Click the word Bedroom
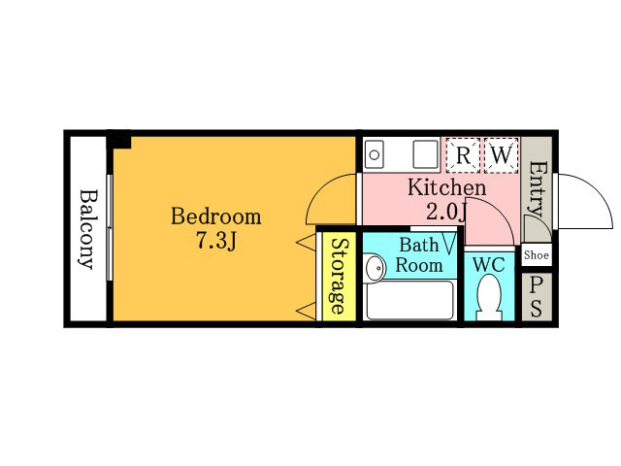click(x=215, y=216)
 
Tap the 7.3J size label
click(x=216, y=240)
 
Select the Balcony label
click(x=88, y=230)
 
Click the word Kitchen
click(x=446, y=187)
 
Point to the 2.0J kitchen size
click(x=446, y=211)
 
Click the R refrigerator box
click(x=463, y=155)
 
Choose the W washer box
click(x=502, y=155)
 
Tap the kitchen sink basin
click(x=374, y=154)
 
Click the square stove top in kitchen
click(x=426, y=154)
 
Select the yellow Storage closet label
click(x=339, y=276)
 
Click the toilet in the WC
click(x=489, y=298)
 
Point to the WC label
click(x=489, y=264)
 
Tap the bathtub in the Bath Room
click(x=409, y=300)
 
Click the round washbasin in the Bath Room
click(x=375, y=268)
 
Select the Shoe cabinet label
click(x=537, y=254)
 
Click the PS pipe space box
click(x=537, y=296)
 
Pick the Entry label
click(x=537, y=188)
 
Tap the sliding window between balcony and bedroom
click(x=110, y=228)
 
